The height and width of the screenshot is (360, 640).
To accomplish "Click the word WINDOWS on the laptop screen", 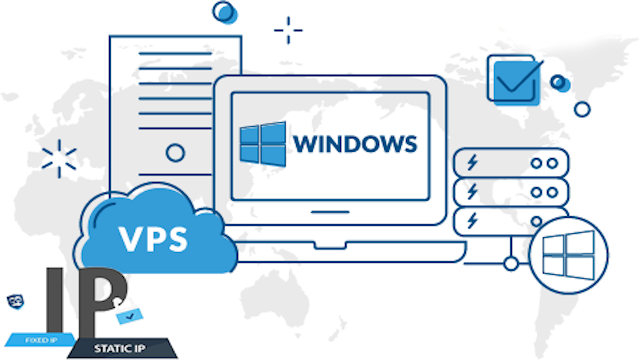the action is pos(355,144).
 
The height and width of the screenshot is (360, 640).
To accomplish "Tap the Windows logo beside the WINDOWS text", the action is pos(263,144).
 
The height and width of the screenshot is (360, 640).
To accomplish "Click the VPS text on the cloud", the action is pos(153,238).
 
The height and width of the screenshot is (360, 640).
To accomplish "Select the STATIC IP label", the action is pos(119,349).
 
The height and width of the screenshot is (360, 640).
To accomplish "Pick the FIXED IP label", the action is pos(41,340).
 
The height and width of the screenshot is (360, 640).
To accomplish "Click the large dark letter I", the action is pos(55,300).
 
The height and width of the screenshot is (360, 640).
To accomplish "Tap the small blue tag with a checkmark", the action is pos(129,316).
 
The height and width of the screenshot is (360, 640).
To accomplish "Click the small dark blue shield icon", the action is pos(16,302).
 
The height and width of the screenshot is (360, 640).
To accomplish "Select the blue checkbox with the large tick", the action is pos(515,81).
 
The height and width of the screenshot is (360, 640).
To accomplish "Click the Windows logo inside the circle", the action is pos(568,255).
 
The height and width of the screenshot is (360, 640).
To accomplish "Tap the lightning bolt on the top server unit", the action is pos(472,162).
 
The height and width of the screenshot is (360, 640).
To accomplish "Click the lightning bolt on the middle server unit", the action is pos(472,191).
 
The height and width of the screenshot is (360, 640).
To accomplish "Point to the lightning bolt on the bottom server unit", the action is pos(472,220).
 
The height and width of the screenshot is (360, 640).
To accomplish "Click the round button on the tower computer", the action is pos(175,153).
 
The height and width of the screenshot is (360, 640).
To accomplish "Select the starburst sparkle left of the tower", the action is pos(59,159).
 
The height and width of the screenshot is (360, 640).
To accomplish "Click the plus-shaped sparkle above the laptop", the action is pos(288,30).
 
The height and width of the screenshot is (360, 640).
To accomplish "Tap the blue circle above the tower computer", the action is pos(224,12).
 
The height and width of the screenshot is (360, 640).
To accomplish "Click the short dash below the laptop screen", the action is pos(330,212).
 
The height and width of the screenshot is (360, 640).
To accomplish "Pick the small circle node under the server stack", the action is pos(511,264).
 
